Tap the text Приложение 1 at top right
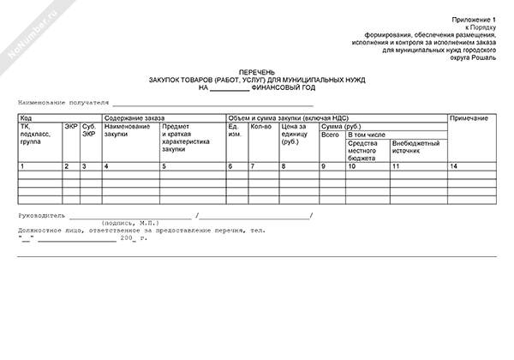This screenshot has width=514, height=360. point(474,18)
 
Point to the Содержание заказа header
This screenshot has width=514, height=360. point(134,117)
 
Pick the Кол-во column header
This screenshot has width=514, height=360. point(260,127)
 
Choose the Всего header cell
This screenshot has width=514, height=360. point(330,135)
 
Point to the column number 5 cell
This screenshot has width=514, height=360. point(164,165)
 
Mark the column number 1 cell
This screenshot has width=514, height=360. point(22,165)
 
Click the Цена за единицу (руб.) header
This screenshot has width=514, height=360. point(296,135)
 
